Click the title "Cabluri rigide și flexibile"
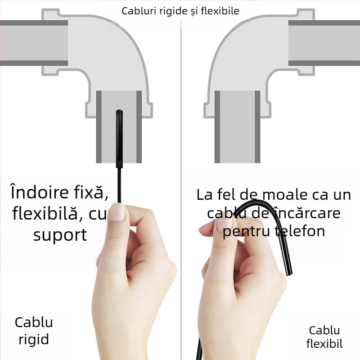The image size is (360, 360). pyautogui.click(x=180, y=10)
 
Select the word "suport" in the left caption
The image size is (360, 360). pyautogui.click(x=60, y=234)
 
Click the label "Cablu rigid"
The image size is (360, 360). pyautogui.click(x=34, y=330)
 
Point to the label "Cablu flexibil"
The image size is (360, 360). pyautogui.click(x=324, y=337)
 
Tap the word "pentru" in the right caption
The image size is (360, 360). pyautogui.click(x=246, y=231)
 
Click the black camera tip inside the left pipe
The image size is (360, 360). pyautogui.click(x=120, y=135)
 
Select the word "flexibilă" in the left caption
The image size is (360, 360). pyautogui.click(x=49, y=214)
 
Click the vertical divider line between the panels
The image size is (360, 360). pyautogui.click(x=181, y=180)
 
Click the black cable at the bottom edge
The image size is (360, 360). pyautogui.click(x=198, y=353)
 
